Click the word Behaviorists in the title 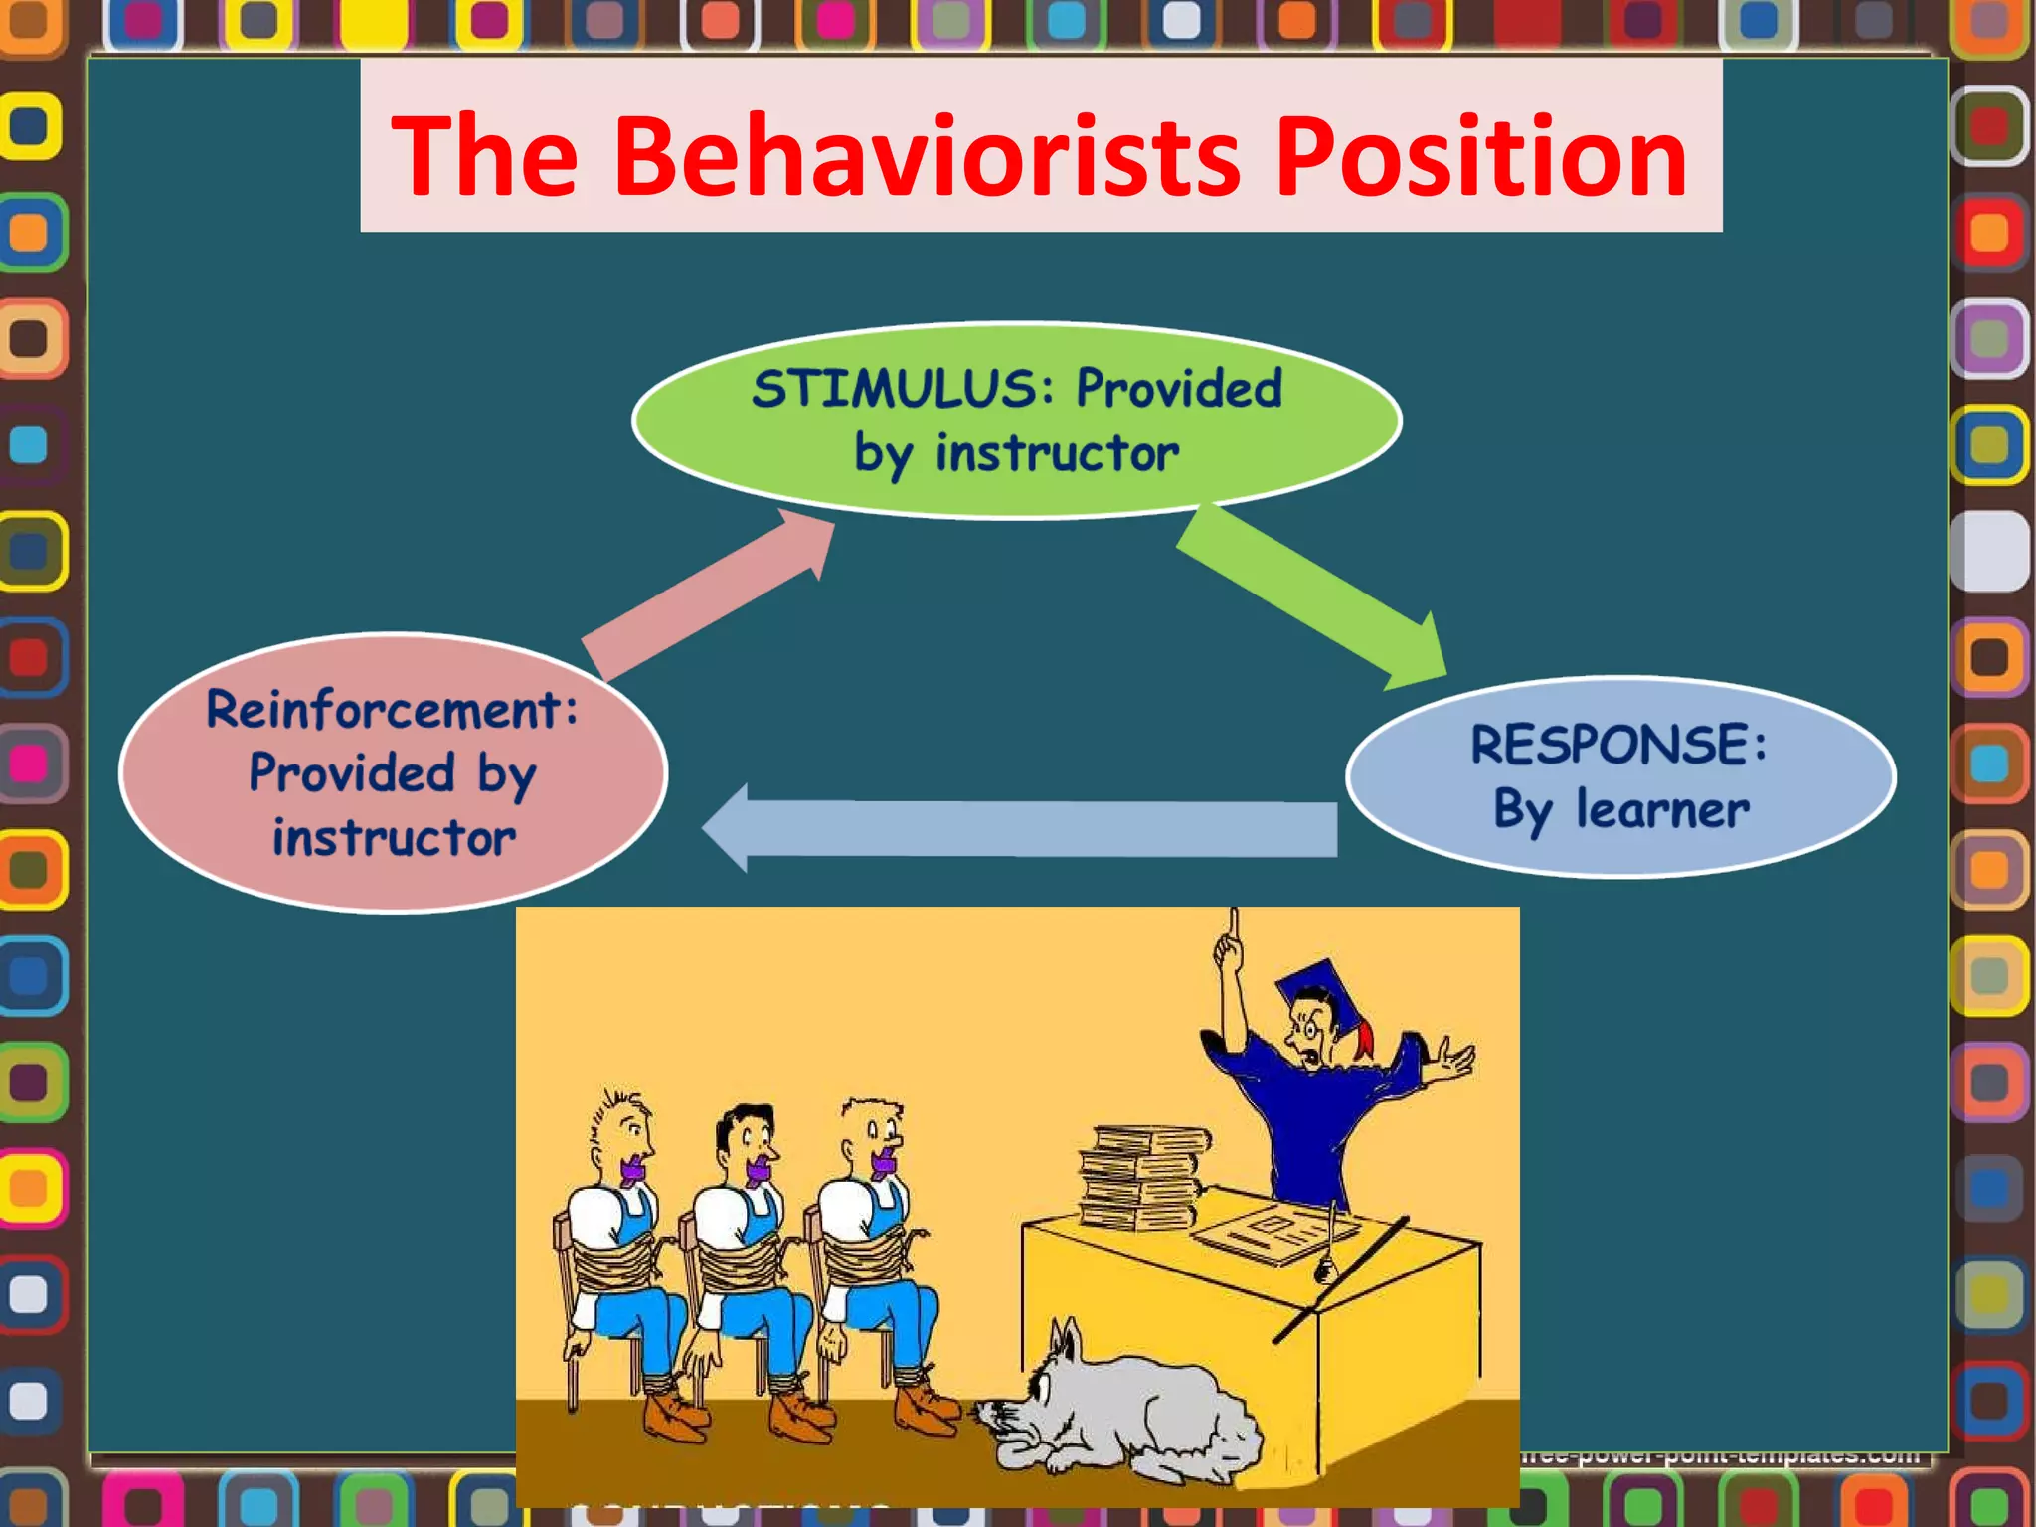click(x=928, y=157)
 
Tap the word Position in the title click(x=1480, y=157)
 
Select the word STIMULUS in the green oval click(x=896, y=389)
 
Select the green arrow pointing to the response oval click(x=1312, y=596)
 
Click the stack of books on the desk click(x=1143, y=1178)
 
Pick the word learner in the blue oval click(x=1662, y=810)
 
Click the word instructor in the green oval click(x=1057, y=454)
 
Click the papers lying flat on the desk click(x=1272, y=1233)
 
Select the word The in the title click(x=484, y=157)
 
